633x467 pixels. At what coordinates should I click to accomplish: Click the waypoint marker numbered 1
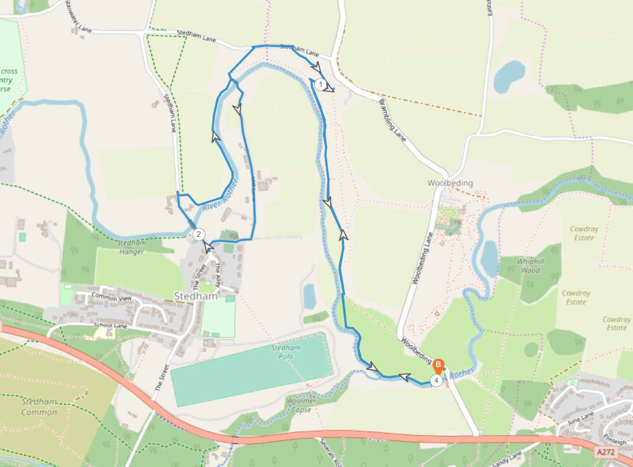coord(320,84)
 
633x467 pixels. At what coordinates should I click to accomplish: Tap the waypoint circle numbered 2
coord(199,234)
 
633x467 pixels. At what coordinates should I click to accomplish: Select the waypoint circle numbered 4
coord(435,380)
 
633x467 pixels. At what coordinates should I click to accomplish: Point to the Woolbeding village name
coord(450,183)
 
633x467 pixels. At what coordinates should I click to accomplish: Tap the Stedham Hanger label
coord(131,247)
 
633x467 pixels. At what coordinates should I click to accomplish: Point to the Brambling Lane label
coord(393,120)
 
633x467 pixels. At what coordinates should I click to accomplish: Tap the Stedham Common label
coord(39,407)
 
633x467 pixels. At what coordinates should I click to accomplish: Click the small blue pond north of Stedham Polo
coord(310,296)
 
